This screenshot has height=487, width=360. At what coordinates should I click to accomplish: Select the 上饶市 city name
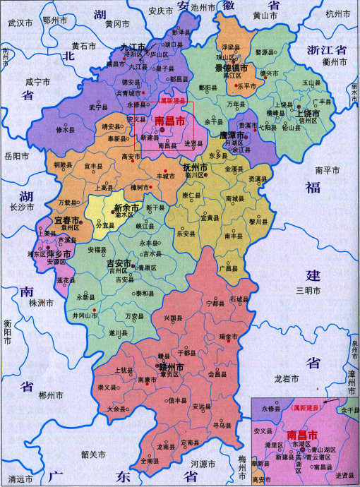point(308,112)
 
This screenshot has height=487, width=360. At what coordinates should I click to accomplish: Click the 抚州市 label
point(194,168)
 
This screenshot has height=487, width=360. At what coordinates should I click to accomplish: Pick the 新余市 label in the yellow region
point(127,208)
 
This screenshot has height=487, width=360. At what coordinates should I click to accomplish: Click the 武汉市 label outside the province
point(20,23)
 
